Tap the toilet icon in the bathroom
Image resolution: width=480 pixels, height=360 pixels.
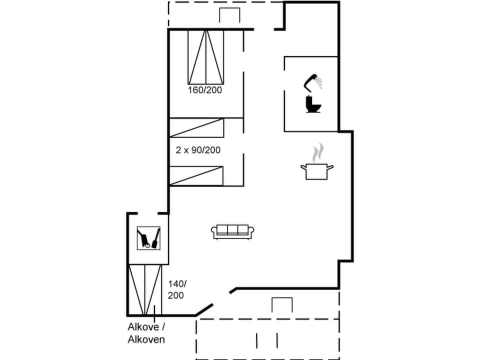313,103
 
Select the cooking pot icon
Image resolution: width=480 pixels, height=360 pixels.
316,170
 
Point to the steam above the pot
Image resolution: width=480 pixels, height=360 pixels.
317,153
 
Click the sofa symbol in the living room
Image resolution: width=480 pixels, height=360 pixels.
233,231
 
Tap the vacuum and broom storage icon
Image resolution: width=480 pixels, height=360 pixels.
149,238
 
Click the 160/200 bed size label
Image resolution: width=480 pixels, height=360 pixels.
205,90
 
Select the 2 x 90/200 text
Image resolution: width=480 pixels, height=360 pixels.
198,149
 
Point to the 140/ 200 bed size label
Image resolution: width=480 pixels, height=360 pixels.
176,289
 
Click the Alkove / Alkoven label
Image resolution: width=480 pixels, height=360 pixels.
146,333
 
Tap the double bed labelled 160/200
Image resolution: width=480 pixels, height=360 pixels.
205,56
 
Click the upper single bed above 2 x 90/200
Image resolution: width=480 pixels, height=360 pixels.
196,127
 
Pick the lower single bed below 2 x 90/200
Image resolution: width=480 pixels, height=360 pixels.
196,176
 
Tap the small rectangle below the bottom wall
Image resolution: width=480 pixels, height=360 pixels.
282,305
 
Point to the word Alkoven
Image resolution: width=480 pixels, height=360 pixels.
146,339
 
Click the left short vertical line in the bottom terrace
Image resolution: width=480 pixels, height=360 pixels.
257,340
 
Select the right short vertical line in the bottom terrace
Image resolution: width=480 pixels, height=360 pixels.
277,340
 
